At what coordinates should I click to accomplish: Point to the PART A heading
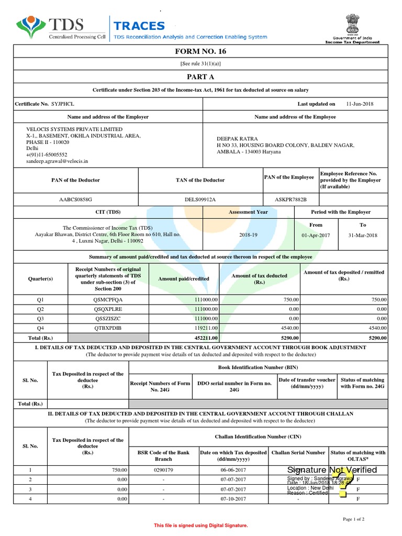200,76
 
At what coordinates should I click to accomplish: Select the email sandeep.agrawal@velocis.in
57,162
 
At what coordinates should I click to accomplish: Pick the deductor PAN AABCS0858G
75,199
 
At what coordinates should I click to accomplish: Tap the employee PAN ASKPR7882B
291,199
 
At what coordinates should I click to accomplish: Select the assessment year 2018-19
248,235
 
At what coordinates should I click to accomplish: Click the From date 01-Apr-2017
316,235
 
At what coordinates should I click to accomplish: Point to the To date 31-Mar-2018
363,235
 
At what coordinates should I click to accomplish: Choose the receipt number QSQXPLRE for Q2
107,309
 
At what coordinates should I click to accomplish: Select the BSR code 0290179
163,470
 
